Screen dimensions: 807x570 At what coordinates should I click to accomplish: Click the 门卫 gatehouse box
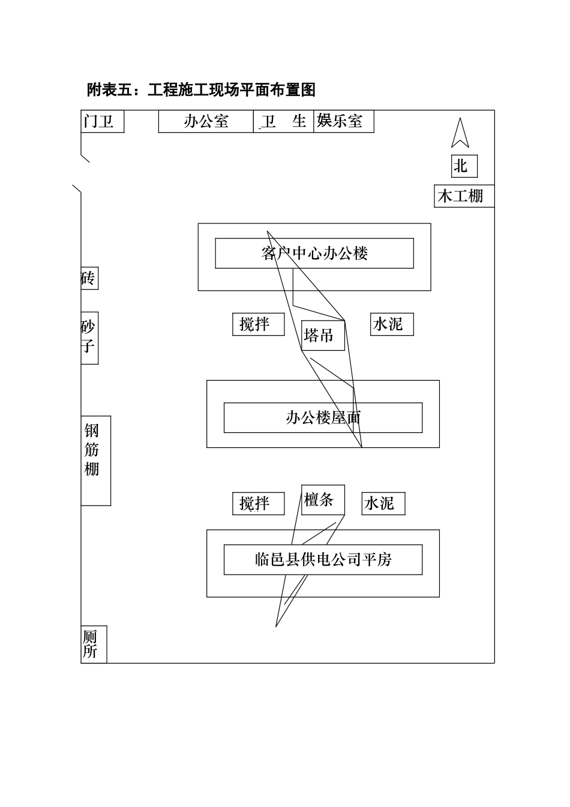tap(102, 121)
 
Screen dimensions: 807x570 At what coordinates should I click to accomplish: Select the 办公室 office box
tap(206, 121)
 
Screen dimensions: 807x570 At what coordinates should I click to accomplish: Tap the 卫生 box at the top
tap(283, 121)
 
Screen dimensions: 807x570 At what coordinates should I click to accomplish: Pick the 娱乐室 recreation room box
tap(343, 121)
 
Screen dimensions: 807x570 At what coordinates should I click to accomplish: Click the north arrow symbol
tap(460, 133)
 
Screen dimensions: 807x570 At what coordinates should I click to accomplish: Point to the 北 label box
tap(464, 166)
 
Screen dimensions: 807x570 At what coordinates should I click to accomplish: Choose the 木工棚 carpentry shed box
tap(464, 196)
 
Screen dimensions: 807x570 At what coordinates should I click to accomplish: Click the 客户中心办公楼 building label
tap(314, 253)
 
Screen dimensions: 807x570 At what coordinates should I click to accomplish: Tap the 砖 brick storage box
tap(89, 279)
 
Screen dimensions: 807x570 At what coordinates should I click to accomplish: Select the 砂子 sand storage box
tap(89, 337)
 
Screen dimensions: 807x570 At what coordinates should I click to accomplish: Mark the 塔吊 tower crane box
tap(322, 335)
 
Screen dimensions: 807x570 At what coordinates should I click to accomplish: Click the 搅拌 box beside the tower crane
tap(258, 324)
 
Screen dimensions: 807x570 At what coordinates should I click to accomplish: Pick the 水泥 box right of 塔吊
tap(392, 324)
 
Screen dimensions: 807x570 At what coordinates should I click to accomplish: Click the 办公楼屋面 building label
tap(323, 418)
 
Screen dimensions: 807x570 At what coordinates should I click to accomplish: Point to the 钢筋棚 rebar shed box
tap(95, 460)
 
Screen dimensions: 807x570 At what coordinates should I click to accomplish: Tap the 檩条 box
tap(323, 500)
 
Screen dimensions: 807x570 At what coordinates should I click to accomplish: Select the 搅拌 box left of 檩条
tap(258, 503)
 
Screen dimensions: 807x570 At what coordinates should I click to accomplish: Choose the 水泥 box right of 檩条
tap(383, 503)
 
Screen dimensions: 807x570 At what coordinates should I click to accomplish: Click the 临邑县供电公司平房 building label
tap(323, 560)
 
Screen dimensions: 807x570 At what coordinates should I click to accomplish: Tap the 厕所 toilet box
tap(93, 645)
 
